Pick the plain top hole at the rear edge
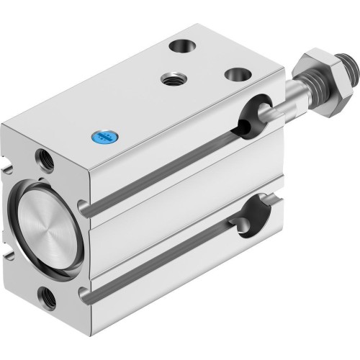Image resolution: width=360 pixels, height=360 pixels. point(179,47)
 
